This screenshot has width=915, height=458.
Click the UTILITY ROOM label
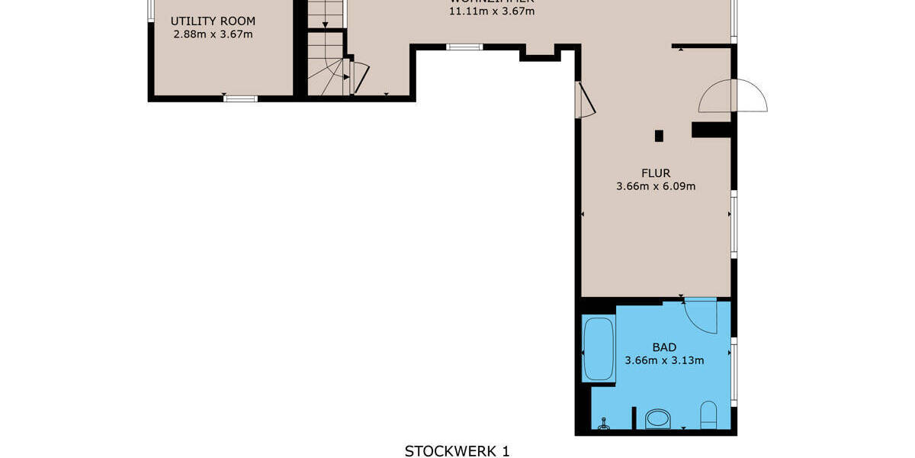tap(213, 21)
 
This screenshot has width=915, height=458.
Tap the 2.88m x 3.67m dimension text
tap(213, 34)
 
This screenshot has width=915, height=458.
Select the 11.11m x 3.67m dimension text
tap(492, 11)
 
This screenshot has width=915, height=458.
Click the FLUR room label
tap(656, 172)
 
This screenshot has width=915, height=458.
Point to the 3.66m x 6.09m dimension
tap(656, 185)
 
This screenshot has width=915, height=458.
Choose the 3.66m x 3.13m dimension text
tap(663, 361)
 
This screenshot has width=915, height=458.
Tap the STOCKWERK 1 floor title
tap(457, 451)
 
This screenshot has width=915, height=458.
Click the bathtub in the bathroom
tap(599, 350)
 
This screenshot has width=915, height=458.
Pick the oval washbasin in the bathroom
tap(657, 418)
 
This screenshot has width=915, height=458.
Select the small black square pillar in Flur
tap(660, 136)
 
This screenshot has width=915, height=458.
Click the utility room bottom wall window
tap(240, 98)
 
